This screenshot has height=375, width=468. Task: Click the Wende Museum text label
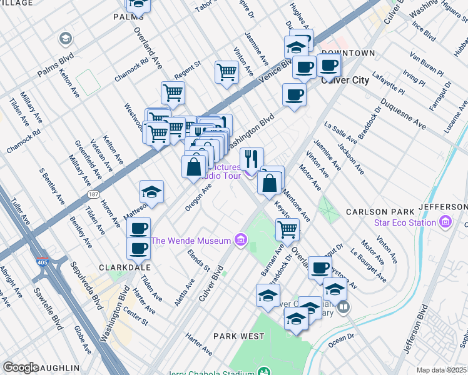point(191,240)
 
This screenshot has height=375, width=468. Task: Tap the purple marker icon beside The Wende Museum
point(240,240)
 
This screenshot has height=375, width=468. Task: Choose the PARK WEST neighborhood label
point(238,336)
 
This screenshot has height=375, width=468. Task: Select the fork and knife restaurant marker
point(252,159)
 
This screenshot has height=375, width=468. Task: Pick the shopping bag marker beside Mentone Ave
point(270,184)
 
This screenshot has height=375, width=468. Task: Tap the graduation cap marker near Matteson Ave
point(151,192)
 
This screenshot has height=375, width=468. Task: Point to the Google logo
point(21,367)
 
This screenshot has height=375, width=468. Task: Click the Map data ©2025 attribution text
point(441,370)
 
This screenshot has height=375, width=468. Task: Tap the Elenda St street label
point(199,261)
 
